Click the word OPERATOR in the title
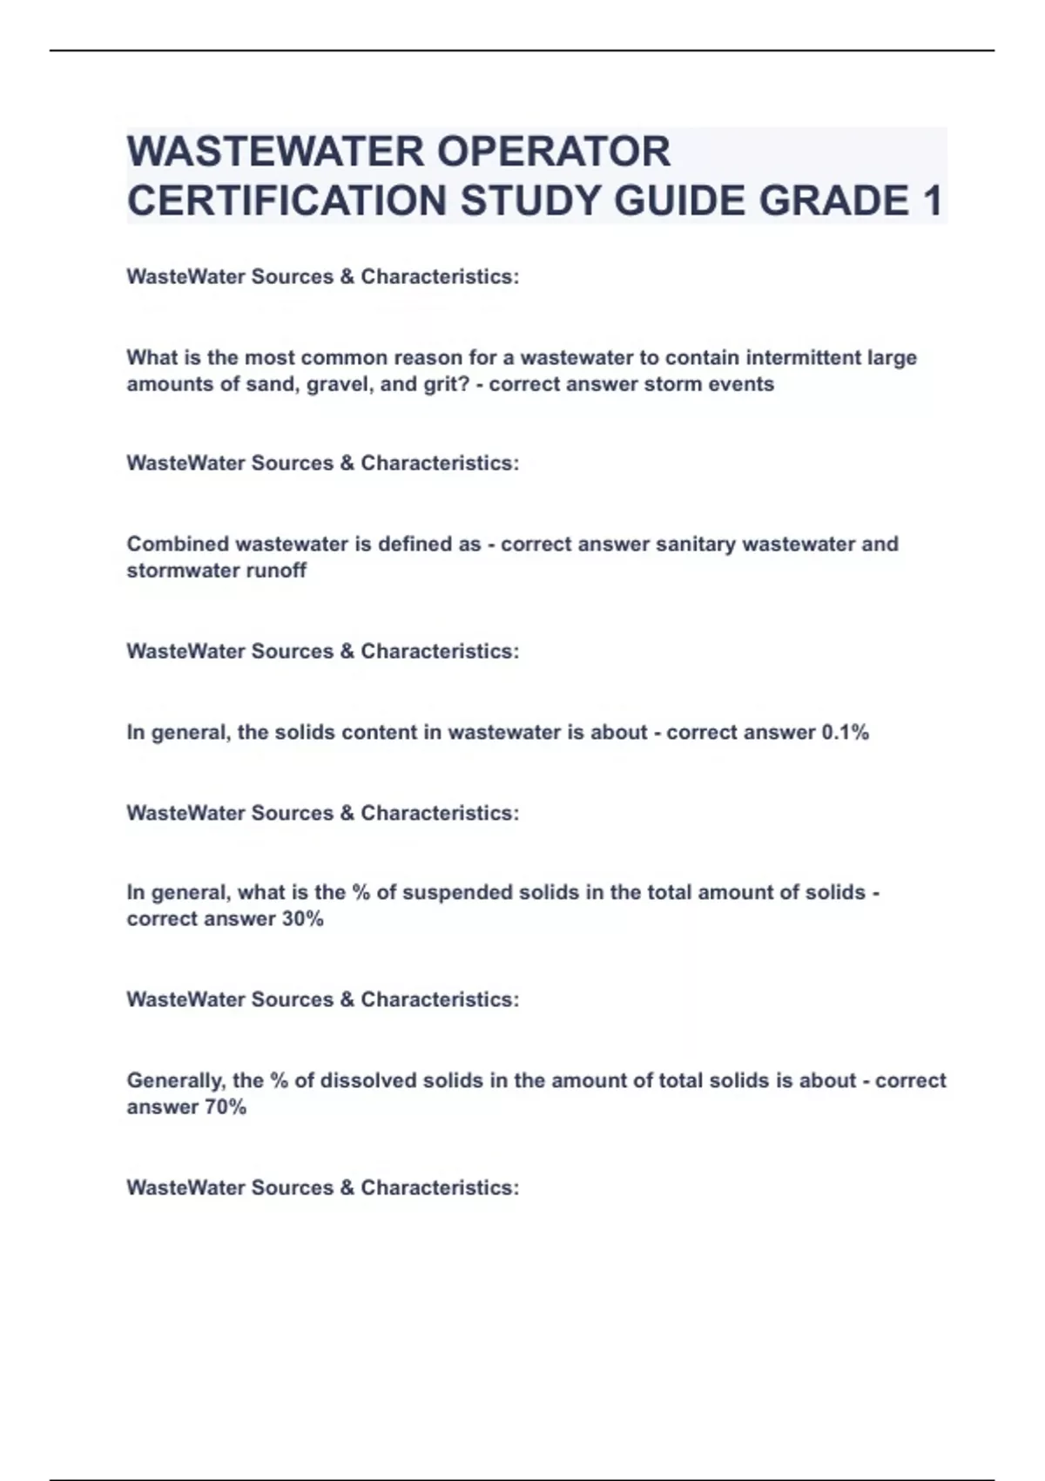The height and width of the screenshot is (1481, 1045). click(553, 152)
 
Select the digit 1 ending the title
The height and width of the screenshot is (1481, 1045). click(931, 201)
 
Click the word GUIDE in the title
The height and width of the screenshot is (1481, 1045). click(680, 201)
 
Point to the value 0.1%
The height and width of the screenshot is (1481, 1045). click(845, 733)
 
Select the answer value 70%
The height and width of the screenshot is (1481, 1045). click(226, 1107)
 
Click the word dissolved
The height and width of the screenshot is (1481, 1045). click(370, 1081)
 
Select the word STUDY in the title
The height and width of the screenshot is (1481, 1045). click(532, 201)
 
